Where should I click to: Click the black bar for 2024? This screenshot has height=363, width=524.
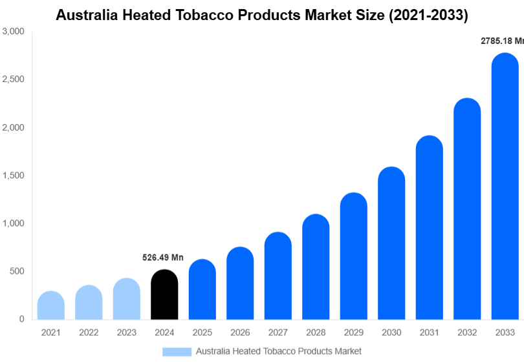click(164, 295)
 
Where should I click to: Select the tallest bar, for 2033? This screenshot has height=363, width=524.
click(505, 187)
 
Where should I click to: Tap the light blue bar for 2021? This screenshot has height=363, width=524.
click(51, 306)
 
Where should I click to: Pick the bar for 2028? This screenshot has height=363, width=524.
click(316, 267)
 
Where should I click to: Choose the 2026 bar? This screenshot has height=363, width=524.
click(240, 284)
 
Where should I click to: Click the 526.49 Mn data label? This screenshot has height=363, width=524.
click(163, 258)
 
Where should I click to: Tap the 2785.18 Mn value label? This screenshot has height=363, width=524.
click(501, 41)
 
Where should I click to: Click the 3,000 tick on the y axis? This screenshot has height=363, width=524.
click(14, 32)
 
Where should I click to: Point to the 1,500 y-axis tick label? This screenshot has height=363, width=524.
click(14, 176)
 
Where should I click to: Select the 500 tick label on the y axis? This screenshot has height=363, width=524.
click(17, 271)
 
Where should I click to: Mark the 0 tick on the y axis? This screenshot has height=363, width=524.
click(21, 319)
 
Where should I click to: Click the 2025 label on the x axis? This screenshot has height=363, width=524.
click(202, 333)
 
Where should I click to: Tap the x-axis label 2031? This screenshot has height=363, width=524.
click(429, 333)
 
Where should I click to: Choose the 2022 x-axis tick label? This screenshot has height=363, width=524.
click(89, 333)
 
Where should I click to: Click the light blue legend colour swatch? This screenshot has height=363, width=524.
click(177, 351)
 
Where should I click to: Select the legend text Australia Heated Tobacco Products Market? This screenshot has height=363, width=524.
click(278, 351)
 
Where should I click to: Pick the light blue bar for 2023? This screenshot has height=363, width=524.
click(127, 299)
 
